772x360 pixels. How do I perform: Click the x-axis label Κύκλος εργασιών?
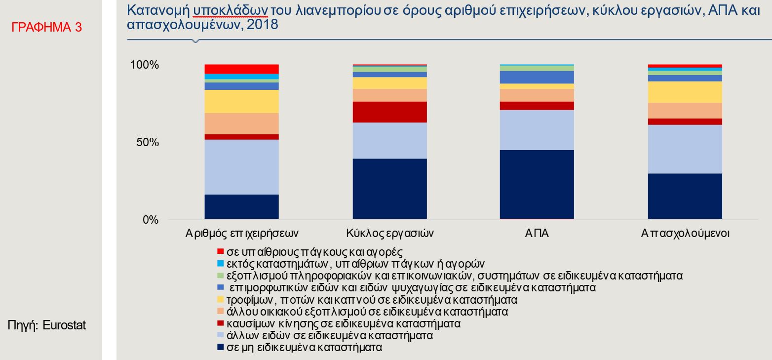point(389,233)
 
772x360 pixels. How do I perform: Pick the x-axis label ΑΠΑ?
point(537,233)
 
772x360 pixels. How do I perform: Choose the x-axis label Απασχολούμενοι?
point(685,233)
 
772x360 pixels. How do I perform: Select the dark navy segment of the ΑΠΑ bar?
point(537,184)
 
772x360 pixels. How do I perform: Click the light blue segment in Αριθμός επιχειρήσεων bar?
point(241,167)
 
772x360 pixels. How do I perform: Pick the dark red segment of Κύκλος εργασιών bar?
point(389,112)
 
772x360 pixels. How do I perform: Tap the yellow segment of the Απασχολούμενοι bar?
point(685,92)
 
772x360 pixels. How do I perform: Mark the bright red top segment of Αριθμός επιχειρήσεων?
point(241,69)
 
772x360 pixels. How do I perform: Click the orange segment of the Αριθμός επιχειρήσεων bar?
point(241,123)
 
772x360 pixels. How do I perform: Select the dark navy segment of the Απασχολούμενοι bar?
point(685,196)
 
